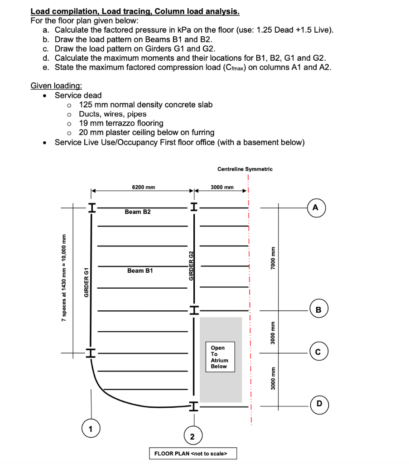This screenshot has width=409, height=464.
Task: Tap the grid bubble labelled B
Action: click(318, 310)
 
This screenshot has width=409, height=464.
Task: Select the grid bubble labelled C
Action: click(318, 351)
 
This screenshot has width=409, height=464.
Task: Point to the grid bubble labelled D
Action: click(319, 404)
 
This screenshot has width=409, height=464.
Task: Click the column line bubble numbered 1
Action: click(91, 427)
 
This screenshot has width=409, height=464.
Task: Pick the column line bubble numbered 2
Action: click(192, 436)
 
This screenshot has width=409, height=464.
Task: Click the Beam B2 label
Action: click(138, 212)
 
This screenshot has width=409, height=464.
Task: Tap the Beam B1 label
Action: click(140, 271)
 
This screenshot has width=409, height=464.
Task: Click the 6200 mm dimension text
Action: click(143, 187)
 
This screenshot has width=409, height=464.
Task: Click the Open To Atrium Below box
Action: click(220, 357)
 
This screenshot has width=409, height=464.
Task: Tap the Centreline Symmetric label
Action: click(245, 169)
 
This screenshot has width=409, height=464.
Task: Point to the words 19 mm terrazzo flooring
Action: click(121, 123)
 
